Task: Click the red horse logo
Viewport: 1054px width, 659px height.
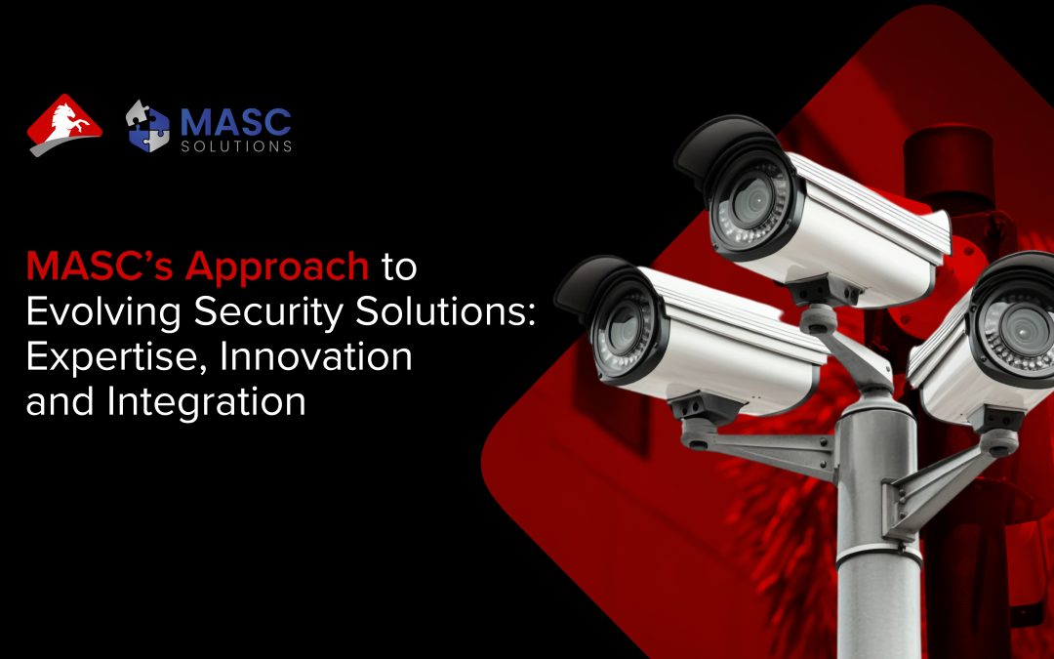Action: [63, 124]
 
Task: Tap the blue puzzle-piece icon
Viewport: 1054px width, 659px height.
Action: [148, 125]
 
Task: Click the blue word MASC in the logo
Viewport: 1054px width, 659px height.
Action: [235, 120]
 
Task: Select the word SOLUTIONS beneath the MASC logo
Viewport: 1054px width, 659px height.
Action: [235, 146]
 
